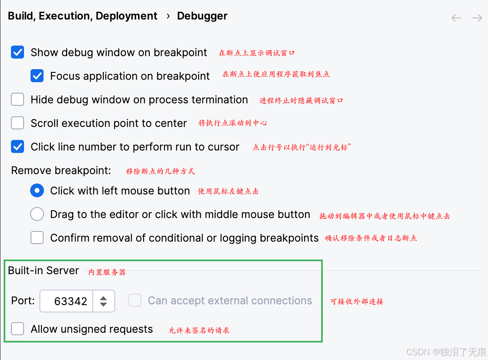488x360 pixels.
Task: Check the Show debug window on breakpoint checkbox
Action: click(x=18, y=52)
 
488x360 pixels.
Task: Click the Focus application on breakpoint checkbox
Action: click(x=37, y=76)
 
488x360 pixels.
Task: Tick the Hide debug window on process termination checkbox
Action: click(x=18, y=100)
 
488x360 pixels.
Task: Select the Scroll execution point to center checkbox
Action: click(x=18, y=123)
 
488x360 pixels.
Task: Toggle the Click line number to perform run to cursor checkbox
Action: click(x=18, y=146)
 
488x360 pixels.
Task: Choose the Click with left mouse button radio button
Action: click(x=37, y=190)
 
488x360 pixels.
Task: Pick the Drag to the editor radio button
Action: click(x=37, y=214)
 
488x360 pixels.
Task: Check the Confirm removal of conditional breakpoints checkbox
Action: click(x=37, y=238)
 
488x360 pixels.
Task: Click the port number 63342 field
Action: click(x=67, y=301)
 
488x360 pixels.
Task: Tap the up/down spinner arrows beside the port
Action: click(x=104, y=301)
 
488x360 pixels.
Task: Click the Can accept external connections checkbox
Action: click(x=135, y=301)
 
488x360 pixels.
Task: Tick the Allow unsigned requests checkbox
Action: click(x=18, y=329)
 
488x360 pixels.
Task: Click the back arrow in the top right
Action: click(x=456, y=18)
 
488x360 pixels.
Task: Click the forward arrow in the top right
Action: click(x=477, y=18)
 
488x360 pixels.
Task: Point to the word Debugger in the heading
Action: click(x=202, y=16)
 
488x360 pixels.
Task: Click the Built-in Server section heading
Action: click(x=43, y=271)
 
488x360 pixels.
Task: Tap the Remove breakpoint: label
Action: click(x=61, y=170)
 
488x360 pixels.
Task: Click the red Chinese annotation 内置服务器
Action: click(x=107, y=272)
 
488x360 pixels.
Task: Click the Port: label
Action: click(x=23, y=301)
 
